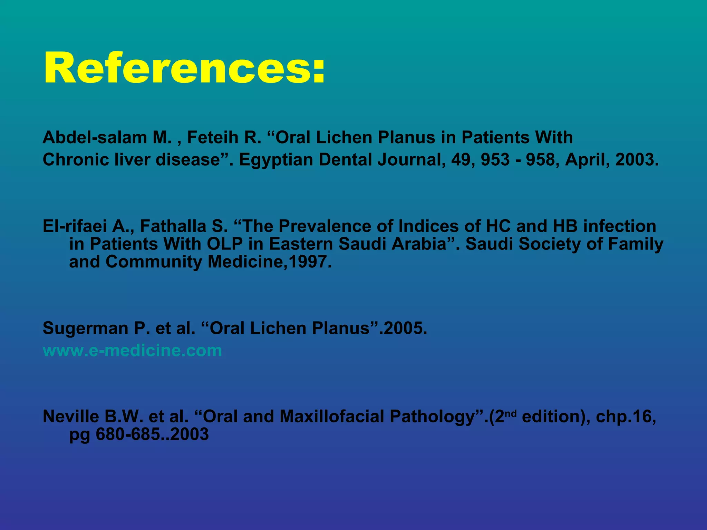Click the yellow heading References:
(184, 68)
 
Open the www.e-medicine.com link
(132, 351)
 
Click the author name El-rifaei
(75, 226)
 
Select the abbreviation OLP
(225, 244)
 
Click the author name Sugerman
(85, 328)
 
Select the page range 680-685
(128, 434)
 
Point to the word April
(584, 160)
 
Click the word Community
(154, 262)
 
